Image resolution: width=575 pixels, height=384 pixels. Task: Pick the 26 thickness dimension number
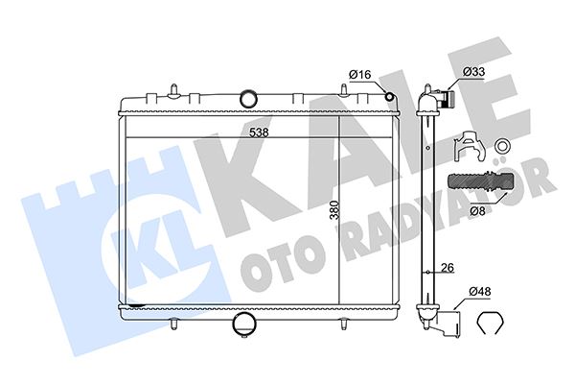447,268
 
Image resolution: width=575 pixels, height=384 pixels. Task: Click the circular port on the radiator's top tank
249,98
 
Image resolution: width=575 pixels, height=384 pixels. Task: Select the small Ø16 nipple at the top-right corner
388,94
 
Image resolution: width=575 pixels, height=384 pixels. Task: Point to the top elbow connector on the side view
433,100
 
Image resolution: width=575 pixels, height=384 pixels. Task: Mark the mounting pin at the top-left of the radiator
174,91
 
